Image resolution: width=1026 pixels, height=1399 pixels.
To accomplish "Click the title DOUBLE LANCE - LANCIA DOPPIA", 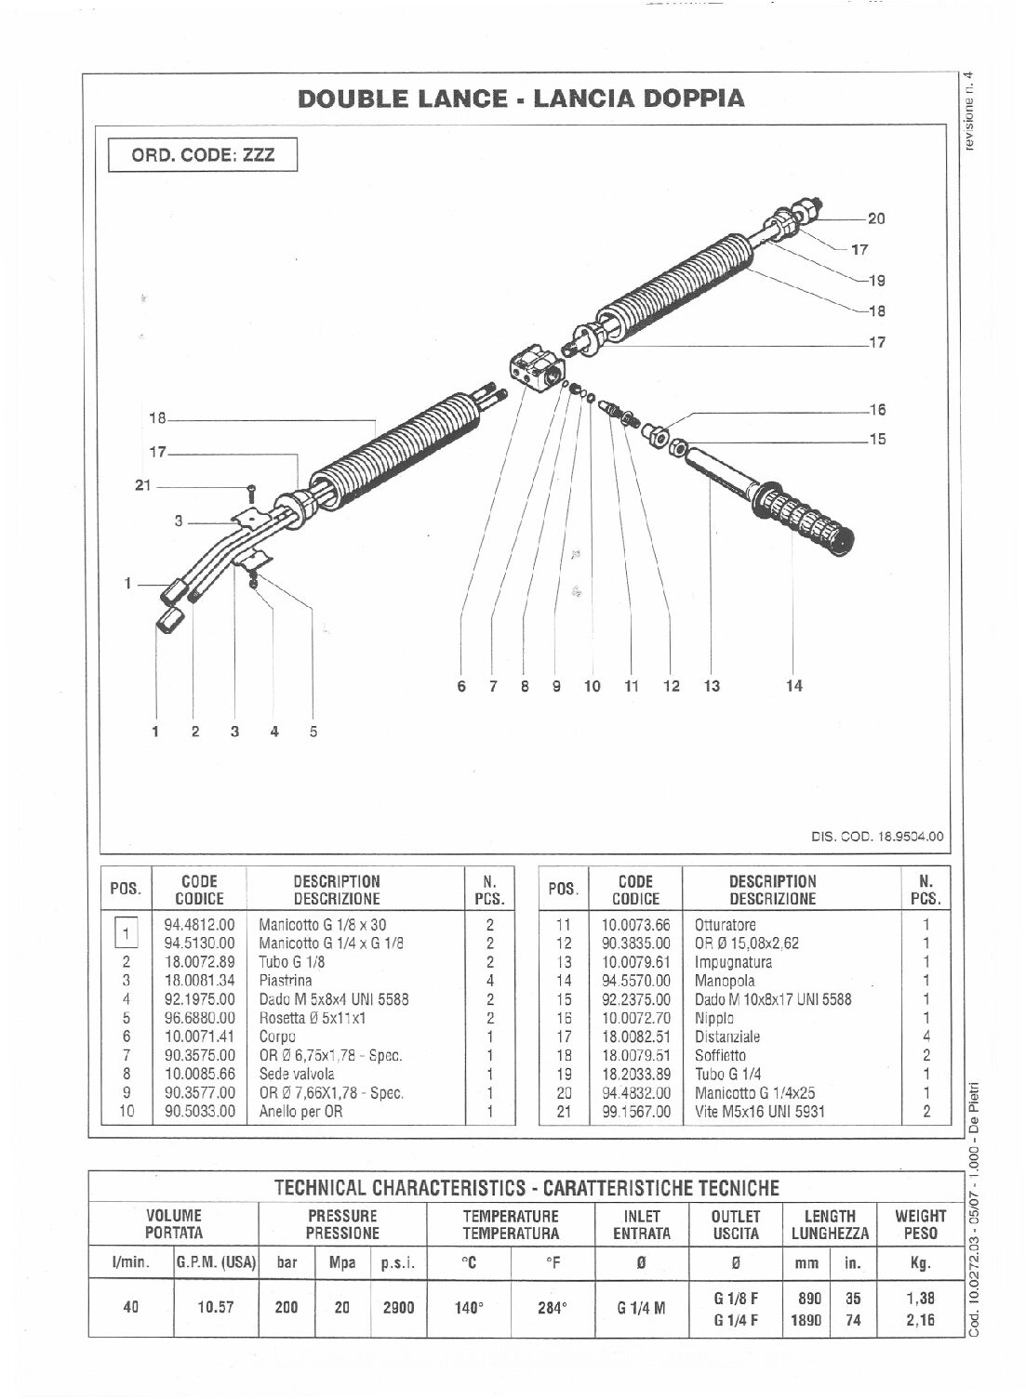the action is point(521,99).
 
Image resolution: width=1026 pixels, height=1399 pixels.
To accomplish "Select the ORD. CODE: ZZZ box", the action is point(203,154).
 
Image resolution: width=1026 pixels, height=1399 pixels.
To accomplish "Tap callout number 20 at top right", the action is point(875,219).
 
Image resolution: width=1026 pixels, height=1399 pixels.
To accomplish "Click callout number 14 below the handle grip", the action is point(793,686).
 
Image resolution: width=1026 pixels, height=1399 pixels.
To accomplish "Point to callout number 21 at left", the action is point(142,485).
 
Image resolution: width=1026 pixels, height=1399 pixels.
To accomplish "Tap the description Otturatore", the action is point(725,925).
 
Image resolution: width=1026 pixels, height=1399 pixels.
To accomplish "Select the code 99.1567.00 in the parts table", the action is point(635,1110).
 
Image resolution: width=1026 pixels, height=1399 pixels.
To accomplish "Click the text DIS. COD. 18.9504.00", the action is point(878,836).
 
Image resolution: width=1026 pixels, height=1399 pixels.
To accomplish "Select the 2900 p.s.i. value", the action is point(397,1307).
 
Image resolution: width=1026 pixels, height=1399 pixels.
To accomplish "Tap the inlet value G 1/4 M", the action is point(641,1307).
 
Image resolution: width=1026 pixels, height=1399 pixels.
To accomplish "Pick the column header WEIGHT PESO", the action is point(920,1224).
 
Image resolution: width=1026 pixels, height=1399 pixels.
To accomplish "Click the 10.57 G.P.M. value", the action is point(216,1307).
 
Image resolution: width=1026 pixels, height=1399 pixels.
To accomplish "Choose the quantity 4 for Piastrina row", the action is point(489,980).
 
